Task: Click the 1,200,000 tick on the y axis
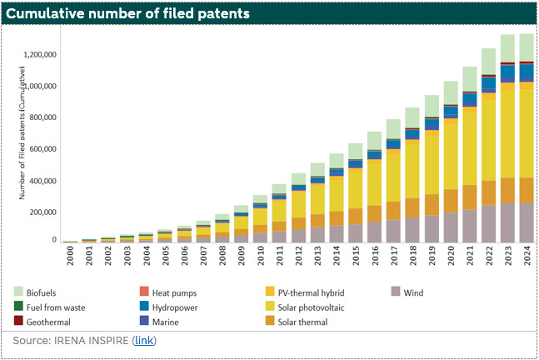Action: coord(42,55)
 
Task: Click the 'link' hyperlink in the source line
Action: coord(144,341)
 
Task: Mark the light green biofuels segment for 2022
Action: coord(489,62)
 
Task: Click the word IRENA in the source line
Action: coord(77,341)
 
